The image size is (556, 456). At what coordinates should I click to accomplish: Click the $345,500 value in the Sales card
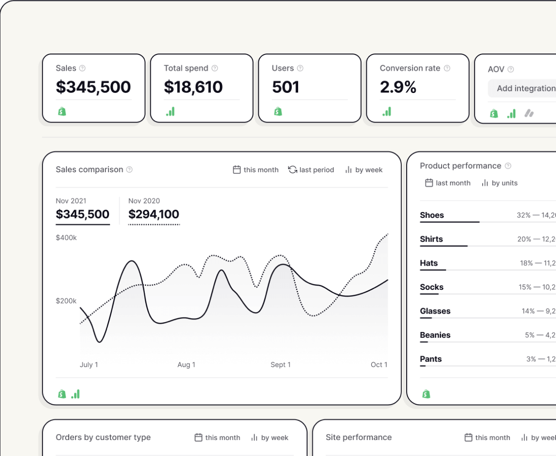(93, 87)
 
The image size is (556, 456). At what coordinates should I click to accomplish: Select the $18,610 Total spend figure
(193, 87)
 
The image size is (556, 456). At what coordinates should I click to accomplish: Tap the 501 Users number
(285, 87)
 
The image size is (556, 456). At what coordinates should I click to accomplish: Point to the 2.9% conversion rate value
(398, 87)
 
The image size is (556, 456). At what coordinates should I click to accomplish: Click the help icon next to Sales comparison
(130, 170)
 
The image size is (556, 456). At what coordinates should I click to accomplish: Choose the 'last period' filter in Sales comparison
(311, 170)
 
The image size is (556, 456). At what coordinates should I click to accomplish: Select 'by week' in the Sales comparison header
(364, 170)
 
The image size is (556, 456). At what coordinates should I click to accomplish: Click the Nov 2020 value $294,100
(154, 214)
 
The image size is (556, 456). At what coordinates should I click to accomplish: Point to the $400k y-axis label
(66, 238)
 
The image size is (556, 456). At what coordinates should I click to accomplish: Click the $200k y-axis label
(66, 301)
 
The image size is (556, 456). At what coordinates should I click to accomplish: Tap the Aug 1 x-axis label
(186, 365)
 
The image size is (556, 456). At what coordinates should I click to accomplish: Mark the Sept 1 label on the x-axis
(280, 365)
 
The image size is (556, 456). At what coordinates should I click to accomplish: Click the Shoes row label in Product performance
(432, 215)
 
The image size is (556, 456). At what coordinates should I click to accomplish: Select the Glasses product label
(435, 311)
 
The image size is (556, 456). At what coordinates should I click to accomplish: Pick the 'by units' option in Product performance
(500, 183)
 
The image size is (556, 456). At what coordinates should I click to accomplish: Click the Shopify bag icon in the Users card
(278, 111)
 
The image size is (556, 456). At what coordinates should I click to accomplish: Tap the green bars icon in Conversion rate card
(387, 111)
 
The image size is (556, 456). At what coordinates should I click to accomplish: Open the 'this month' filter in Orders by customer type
(218, 438)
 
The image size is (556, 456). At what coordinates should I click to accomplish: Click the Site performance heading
(359, 437)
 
